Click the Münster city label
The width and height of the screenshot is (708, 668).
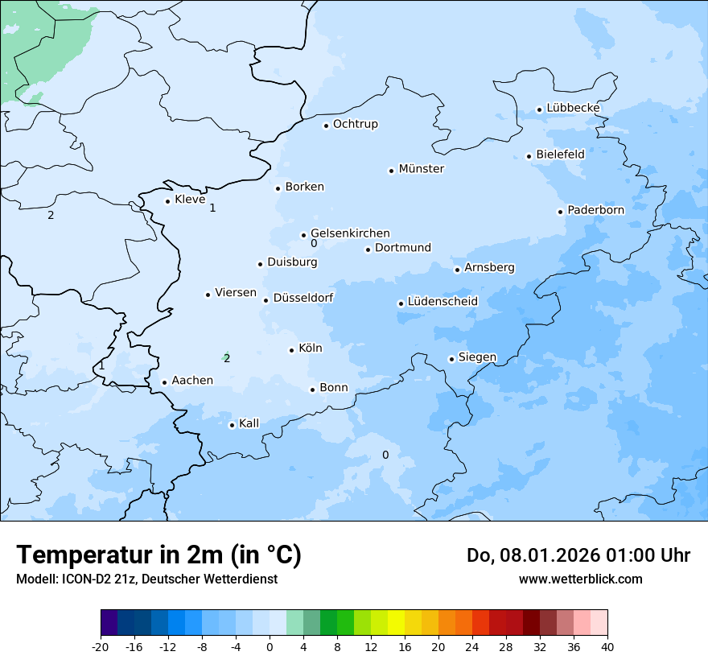[x=421, y=169]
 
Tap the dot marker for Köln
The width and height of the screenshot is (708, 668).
[x=292, y=350]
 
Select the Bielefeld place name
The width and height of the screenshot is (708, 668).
[x=560, y=154]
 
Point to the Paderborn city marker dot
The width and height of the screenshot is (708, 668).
[x=561, y=212]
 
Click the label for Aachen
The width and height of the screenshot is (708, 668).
[x=192, y=381]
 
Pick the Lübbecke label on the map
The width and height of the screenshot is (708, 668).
[x=573, y=108]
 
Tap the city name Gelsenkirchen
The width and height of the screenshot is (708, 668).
[x=350, y=233]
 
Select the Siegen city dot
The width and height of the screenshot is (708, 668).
[x=452, y=359]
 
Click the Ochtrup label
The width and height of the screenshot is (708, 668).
[x=355, y=124]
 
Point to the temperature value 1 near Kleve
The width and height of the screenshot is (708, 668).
[x=212, y=208]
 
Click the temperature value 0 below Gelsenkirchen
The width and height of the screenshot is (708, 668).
[x=314, y=244]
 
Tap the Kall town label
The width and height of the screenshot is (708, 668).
[x=249, y=423]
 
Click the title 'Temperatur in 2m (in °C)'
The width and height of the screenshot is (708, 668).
[x=158, y=555]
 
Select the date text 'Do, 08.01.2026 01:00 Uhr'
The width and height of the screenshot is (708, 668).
[x=578, y=555]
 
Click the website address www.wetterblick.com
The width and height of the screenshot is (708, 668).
[x=580, y=579]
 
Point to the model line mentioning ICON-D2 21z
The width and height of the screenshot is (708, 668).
[x=146, y=579]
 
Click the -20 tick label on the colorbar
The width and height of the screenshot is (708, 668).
[x=101, y=647]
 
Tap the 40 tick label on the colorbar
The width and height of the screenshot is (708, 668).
[x=607, y=647]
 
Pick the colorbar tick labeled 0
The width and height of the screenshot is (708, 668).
[x=270, y=647]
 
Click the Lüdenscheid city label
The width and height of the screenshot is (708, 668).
[x=442, y=302]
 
